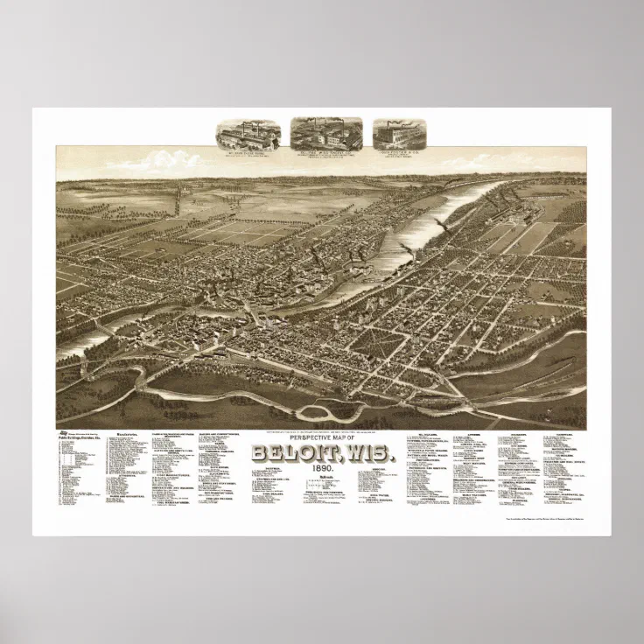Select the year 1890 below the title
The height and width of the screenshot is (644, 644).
click(322, 470)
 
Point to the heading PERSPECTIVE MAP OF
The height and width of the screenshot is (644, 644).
click(322, 440)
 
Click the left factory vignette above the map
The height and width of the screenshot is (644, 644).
click(248, 135)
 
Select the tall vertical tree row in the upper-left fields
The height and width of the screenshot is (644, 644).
click(178, 197)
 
